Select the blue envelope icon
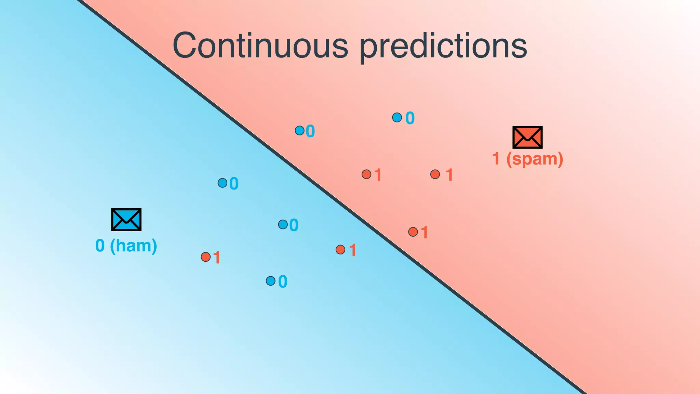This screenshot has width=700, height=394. click(126, 220)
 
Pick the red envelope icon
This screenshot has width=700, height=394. click(527, 137)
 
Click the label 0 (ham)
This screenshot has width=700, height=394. click(126, 246)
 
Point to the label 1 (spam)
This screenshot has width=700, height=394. click(527, 159)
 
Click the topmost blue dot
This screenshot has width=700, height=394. click(397, 118)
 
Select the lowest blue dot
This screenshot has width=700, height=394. click(270, 281)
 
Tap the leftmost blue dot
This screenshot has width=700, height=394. click(223, 183)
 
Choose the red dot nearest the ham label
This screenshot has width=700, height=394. click(206, 257)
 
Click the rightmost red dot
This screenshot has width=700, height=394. click(435, 174)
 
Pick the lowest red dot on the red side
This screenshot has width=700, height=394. click(413, 232)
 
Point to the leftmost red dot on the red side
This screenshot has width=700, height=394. click(366, 174)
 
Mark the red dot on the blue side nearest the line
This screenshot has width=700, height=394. click(340, 250)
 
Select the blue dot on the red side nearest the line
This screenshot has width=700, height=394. click(300, 130)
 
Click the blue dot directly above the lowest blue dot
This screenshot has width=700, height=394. click(283, 224)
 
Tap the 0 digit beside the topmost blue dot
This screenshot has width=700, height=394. click(410, 118)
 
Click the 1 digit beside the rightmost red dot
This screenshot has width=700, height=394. click(449, 175)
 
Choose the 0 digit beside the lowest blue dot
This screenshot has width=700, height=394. click(283, 282)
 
